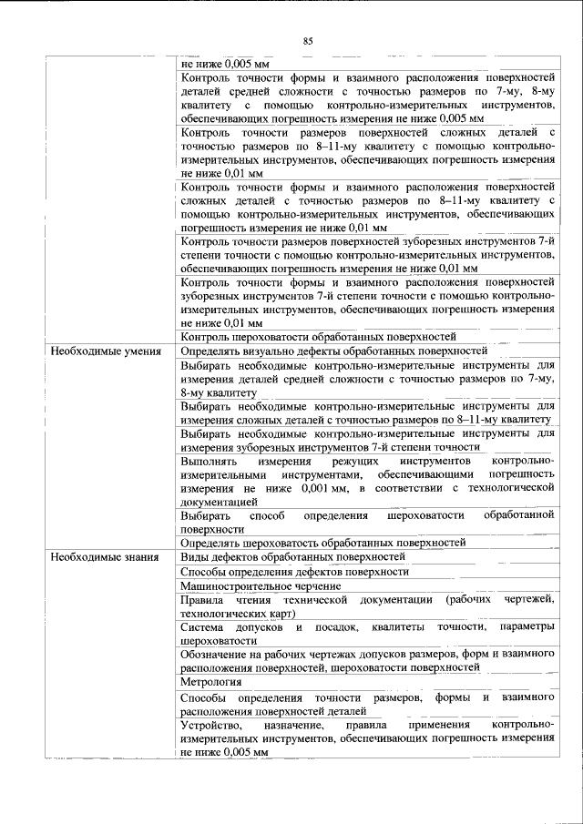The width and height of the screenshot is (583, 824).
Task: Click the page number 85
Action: tap(308, 40)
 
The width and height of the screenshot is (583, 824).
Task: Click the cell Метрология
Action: tap(210, 681)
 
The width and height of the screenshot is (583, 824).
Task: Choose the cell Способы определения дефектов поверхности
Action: tap(294, 572)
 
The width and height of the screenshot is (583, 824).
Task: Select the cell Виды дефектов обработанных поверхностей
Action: tap(292, 557)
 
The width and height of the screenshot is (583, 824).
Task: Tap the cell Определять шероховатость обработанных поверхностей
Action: tap(322, 543)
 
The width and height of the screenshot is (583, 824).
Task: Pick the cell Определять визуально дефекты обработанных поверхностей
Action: tap(334, 351)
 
